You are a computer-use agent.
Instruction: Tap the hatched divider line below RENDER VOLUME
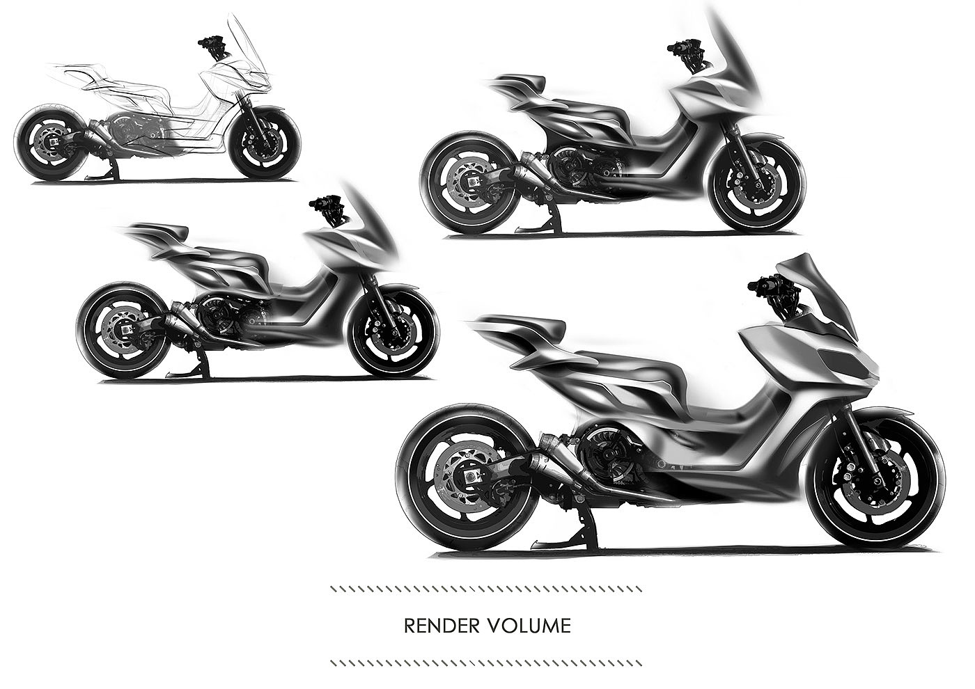[x=486, y=663]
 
